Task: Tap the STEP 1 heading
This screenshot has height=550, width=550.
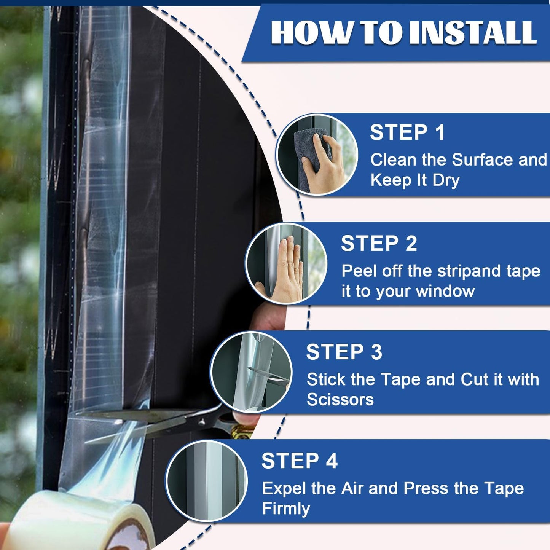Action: [x=407, y=132]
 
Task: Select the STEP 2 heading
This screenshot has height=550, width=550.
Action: [x=379, y=244]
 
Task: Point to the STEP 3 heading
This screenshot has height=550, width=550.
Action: [x=344, y=352]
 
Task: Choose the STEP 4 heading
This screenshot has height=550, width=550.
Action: [x=299, y=461]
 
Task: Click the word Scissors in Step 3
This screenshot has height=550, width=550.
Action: [x=340, y=400]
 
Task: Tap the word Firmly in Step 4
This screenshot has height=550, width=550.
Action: [x=286, y=509]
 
